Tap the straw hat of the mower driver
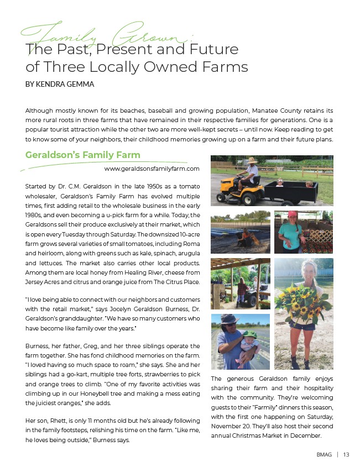point(253,160)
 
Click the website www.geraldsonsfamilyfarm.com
point(152,168)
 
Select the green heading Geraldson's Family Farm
point(83,155)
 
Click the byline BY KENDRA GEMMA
point(60,85)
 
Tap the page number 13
point(346,455)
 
